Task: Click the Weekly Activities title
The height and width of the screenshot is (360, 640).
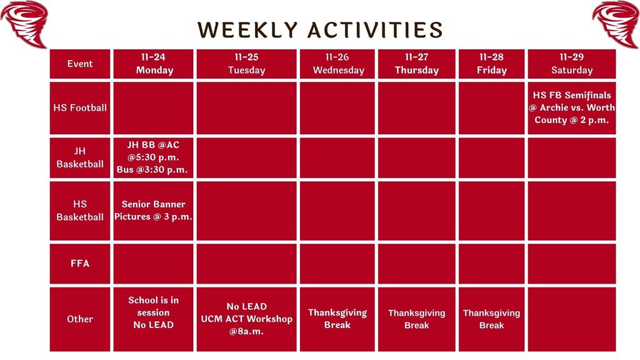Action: coord(320,29)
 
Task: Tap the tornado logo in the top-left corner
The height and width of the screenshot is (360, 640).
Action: coord(24,23)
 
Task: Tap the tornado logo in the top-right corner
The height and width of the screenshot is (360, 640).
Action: coord(616,23)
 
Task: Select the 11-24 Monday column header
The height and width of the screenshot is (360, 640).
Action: coord(154,64)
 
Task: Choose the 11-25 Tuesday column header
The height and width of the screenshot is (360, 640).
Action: coord(246,64)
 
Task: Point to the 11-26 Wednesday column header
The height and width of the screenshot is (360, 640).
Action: coord(337,64)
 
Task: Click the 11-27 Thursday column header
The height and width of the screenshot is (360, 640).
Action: coord(416,64)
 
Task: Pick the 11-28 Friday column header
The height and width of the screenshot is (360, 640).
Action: coord(491,64)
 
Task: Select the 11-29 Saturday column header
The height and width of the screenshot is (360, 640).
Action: coord(571,64)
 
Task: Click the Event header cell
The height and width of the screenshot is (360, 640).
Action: coord(80,64)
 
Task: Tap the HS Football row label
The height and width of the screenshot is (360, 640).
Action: coord(80,107)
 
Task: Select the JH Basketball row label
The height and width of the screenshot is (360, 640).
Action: coord(80,157)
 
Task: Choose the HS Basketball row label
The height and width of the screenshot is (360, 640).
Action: coord(80,211)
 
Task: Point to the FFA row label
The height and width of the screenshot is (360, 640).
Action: coord(80,264)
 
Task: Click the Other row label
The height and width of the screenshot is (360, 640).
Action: coord(80,319)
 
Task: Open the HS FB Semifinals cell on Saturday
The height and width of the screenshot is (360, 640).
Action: coord(571,107)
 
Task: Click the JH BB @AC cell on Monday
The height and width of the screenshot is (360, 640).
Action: coord(154,157)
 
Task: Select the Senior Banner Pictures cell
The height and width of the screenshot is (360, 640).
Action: coord(154,211)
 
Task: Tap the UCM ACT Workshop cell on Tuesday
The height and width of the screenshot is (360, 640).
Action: coord(246,319)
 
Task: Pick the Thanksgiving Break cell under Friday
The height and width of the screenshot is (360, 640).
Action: coord(491,319)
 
